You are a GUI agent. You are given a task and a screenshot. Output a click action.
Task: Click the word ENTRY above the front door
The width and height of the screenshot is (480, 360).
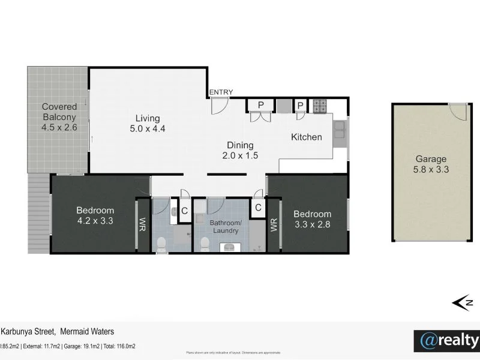[x=221, y=92]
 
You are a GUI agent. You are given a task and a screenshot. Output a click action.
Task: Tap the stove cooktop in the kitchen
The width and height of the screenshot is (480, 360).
[x=320, y=106]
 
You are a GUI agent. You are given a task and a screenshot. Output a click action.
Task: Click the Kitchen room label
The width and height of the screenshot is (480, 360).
[x=307, y=137]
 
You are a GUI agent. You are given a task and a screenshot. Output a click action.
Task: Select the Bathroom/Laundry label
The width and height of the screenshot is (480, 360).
[x=225, y=226]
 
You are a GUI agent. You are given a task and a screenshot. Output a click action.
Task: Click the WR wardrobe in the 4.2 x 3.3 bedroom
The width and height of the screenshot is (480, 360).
[x=143, y=224]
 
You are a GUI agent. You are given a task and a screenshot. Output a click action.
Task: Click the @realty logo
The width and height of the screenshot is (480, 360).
[x=447, y=340]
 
